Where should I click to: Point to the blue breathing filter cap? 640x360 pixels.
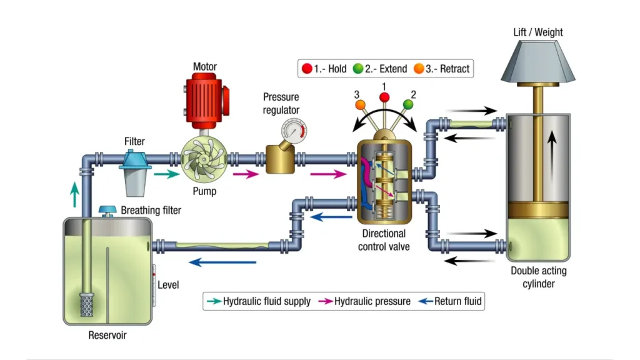[x=110, y=211]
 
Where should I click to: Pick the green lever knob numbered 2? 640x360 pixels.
[x=410, y=103]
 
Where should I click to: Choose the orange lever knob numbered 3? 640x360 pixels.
[x=359, y=105]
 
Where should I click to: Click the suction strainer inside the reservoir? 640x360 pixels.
[x=86, y=304]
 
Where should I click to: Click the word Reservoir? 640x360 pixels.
[x=107, y=336]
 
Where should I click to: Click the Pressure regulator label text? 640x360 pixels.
[x=281, y=104]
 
